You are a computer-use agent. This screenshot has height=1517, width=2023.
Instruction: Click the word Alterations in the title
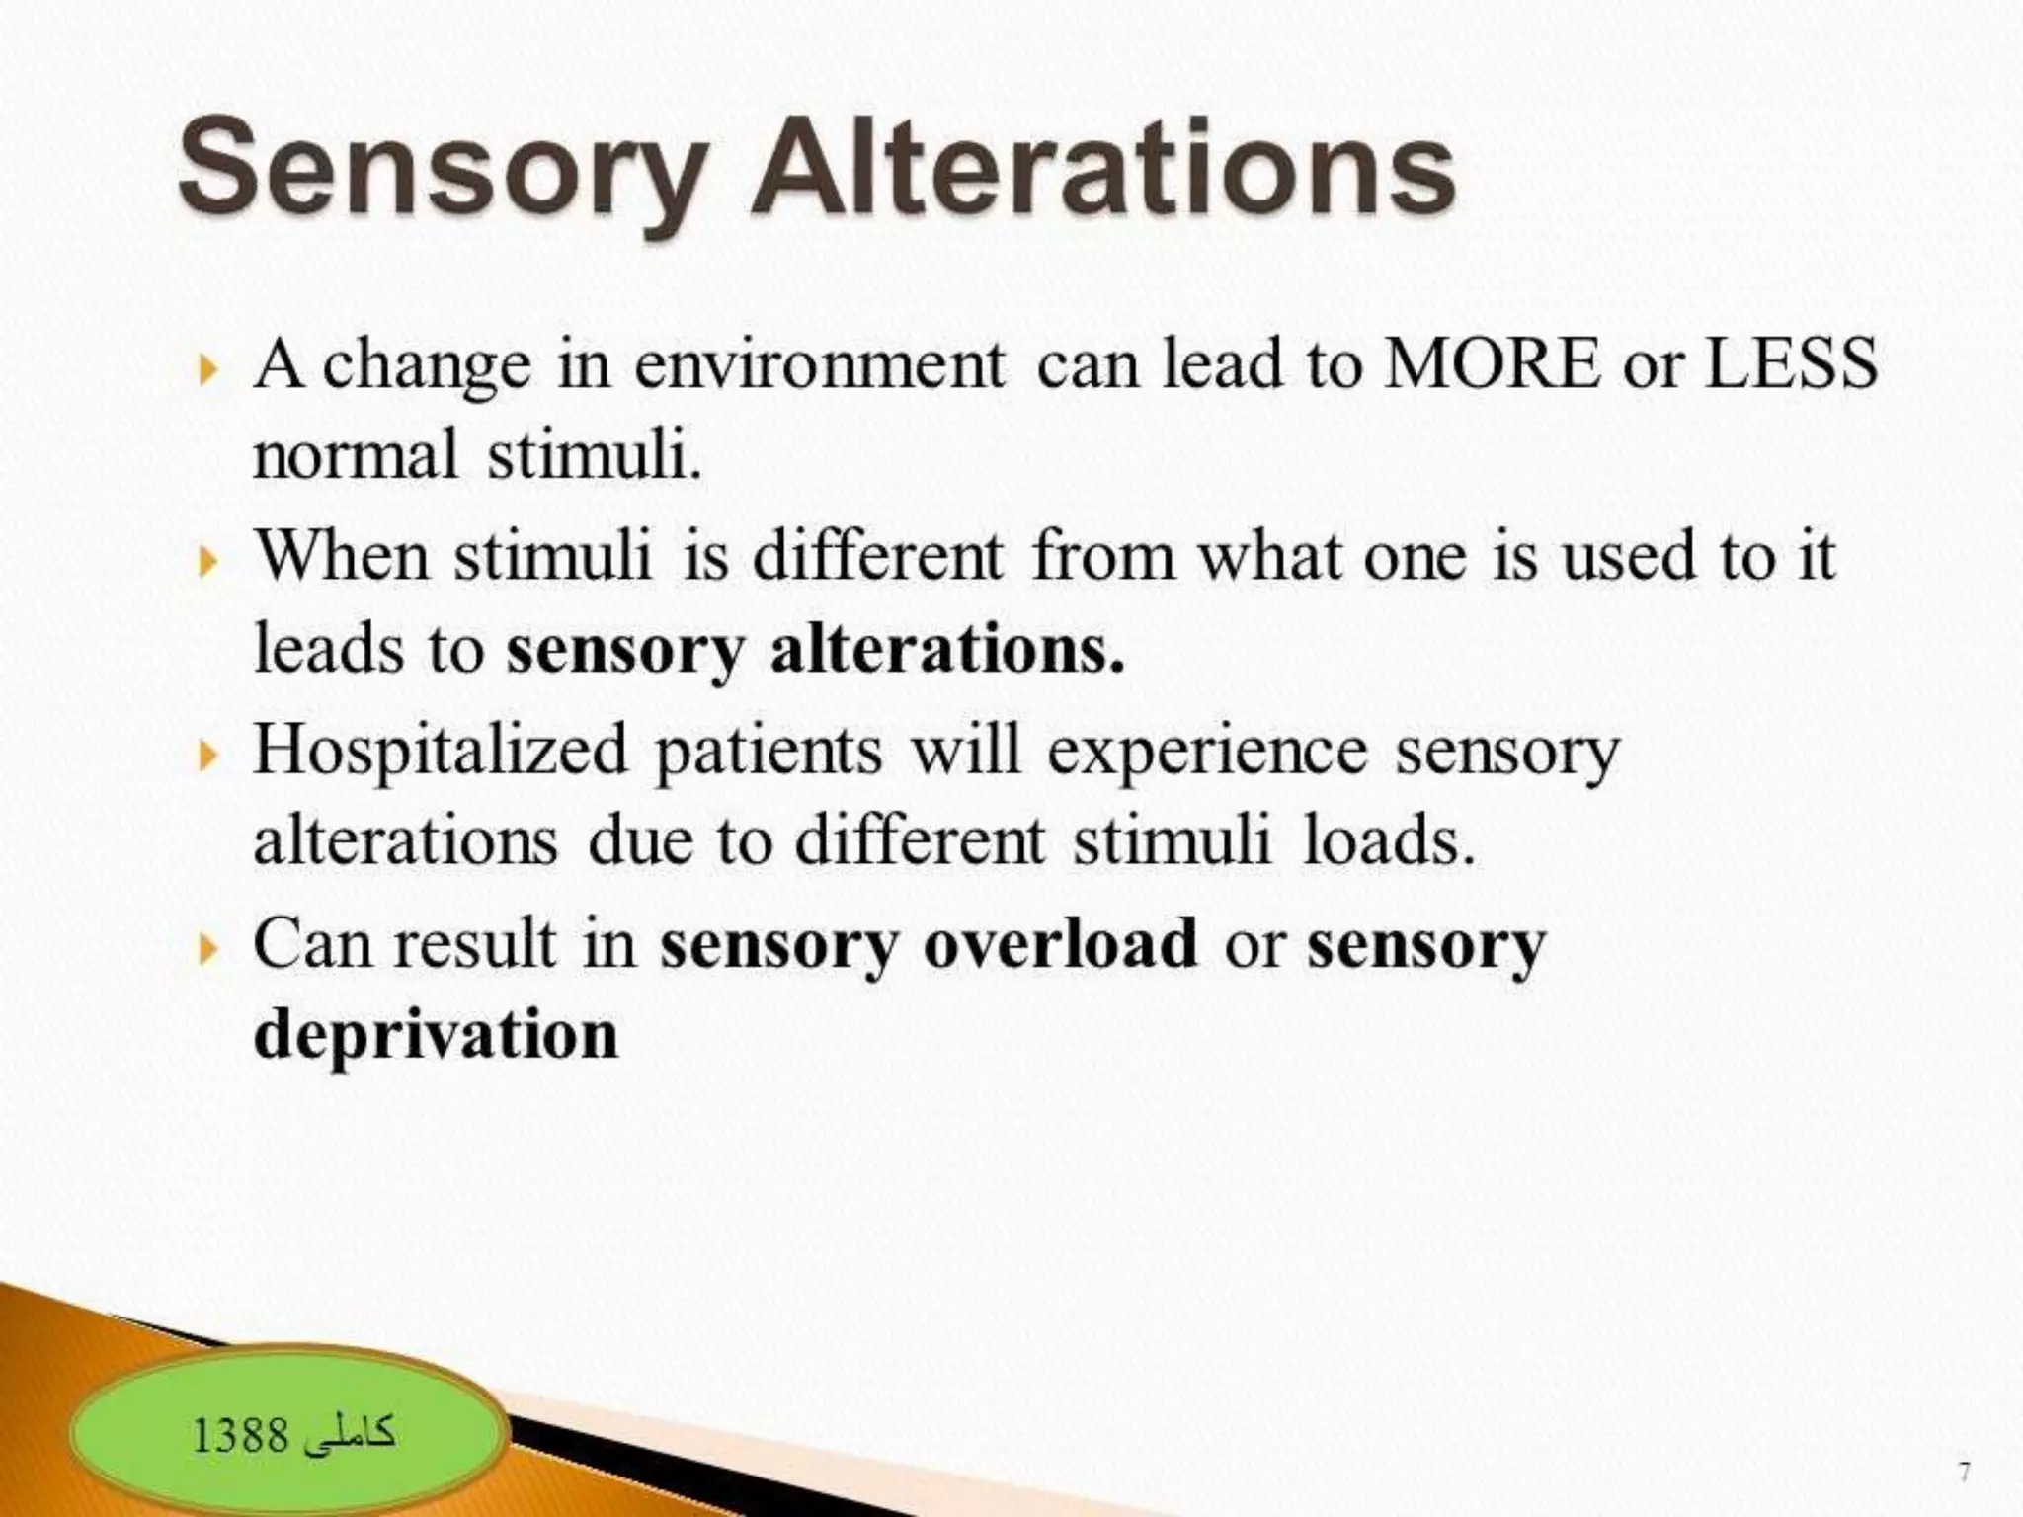(x=1102, y=168)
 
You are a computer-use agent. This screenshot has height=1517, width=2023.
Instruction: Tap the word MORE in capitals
(x=1492, y=363)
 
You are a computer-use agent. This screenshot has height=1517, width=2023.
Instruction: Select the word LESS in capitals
(x=1792, y=363)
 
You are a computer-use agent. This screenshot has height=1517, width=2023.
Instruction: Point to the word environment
(x=819, y=365)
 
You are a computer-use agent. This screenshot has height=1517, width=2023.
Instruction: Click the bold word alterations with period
(x=947, y=652)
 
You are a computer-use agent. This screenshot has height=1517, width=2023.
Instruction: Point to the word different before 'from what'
(x=878, y=557)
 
